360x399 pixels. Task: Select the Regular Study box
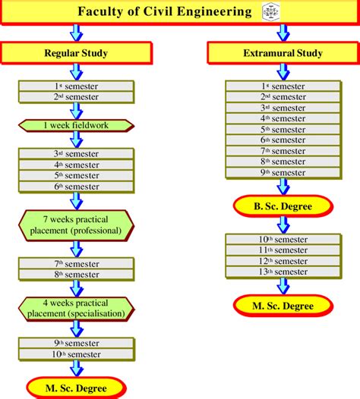77,53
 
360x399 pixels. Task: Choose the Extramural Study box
283,53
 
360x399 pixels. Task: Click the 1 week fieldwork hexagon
77,124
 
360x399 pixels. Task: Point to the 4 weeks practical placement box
77,308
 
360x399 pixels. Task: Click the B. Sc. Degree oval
283,205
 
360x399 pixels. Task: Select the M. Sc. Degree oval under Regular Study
77,388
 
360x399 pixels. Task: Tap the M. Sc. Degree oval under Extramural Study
283,305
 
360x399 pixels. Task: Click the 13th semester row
283,272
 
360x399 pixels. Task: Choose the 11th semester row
283,250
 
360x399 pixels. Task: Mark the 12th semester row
283,261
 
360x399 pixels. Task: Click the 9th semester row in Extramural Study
283,172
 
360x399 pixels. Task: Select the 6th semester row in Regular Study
77,186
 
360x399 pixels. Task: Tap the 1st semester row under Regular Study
77,87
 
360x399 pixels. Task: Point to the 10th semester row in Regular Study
77,353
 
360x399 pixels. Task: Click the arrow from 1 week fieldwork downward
77,139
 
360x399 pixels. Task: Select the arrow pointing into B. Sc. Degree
283,186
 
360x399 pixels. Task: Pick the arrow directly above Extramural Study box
283,32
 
